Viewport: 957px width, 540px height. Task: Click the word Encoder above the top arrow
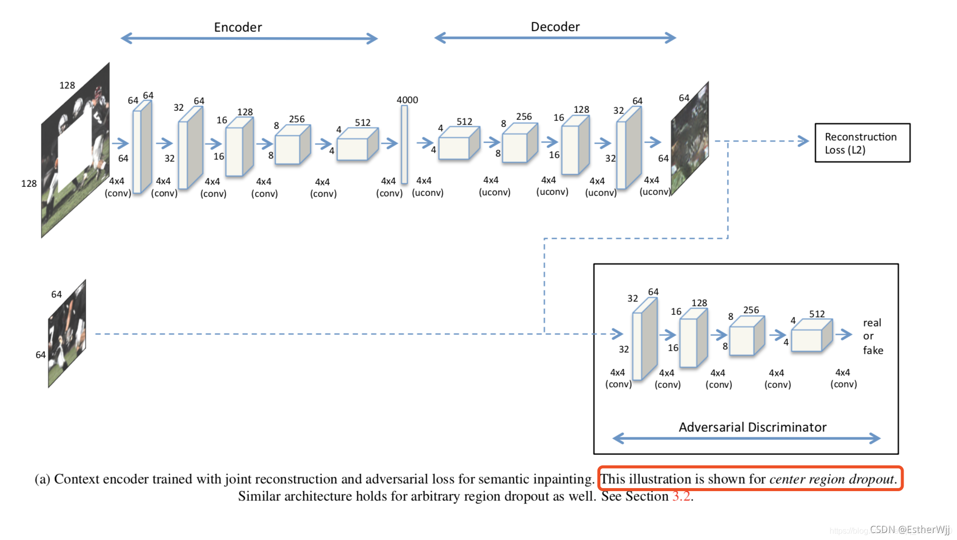[x=238, y=27]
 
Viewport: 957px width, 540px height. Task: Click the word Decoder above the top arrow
[x=555, y=27]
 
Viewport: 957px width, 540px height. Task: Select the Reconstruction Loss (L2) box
[x=862, y=143]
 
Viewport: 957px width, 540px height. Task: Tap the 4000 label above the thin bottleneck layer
[x=407, y=100]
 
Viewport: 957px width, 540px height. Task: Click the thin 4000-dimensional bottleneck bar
[x=404, y=145]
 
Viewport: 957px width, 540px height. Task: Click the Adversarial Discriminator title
[x=753, y=427]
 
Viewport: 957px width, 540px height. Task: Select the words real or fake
[x=872, y=336]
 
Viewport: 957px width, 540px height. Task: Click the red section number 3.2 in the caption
[x=681, y=496]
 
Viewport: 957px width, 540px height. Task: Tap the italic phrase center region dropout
[x=832, y=479]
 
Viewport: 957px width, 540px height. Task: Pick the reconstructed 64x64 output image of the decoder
[x=690, y=139]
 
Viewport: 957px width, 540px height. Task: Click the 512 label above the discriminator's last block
[x=816, y=314]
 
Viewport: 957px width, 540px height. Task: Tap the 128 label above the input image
[x=67, y=85]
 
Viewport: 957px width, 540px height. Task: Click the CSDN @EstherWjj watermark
[x=909, y=529]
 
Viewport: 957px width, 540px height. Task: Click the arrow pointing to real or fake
[x=844, y=334]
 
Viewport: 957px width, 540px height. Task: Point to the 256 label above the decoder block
[x=523, y=116]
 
